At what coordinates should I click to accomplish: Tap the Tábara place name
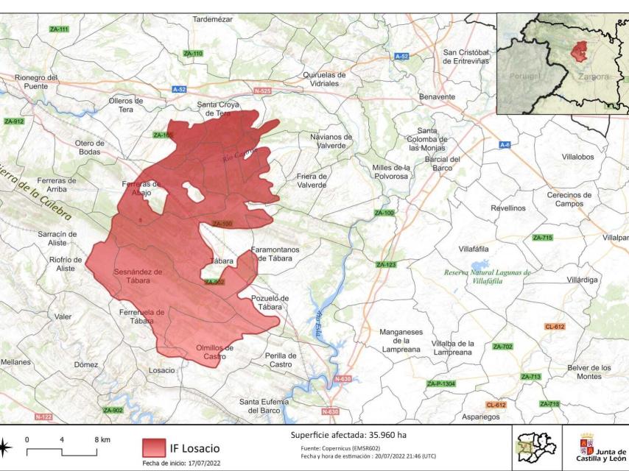point(222,261)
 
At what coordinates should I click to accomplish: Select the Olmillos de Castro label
point(214,352)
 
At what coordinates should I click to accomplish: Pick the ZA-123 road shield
point(386,264)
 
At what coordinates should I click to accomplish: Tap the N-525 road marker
point(262,91)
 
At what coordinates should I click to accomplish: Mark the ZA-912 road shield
point(14,121)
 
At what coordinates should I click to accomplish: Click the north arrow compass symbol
point(4,447)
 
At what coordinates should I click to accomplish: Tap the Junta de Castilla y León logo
point(601,447)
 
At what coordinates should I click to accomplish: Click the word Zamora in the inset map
point(594,77)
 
